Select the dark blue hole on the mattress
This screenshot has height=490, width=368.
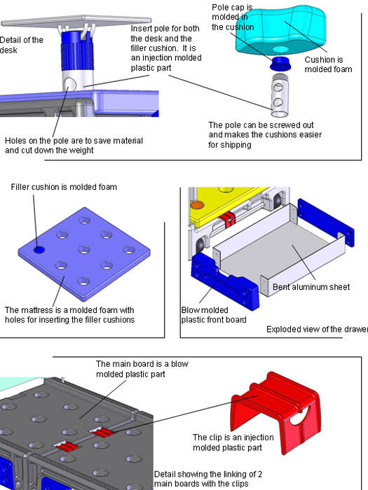[39, 248]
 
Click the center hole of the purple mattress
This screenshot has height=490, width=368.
[84, 248]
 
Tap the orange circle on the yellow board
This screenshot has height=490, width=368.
[198, 205]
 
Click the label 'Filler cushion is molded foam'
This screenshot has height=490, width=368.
[63, 187]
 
